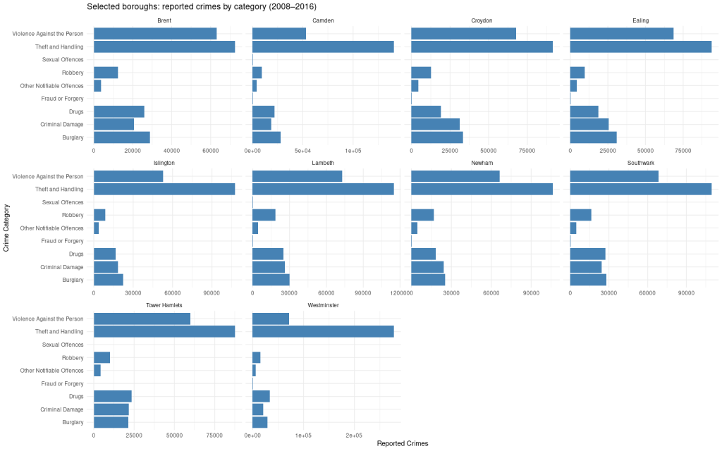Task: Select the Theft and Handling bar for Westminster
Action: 322,331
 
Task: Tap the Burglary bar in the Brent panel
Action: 121,137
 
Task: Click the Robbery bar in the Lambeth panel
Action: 264,215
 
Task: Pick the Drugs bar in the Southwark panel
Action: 587,254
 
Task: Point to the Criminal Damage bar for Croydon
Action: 435,124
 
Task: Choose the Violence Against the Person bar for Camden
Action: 279,34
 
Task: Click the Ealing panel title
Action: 641,20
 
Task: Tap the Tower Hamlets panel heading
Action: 164,305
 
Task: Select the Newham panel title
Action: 482,163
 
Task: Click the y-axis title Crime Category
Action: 6,228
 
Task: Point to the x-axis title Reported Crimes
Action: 403,443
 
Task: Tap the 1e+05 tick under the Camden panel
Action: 353,150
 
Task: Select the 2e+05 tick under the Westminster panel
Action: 353,435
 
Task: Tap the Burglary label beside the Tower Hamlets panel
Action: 73,422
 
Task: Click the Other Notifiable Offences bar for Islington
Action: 96,228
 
